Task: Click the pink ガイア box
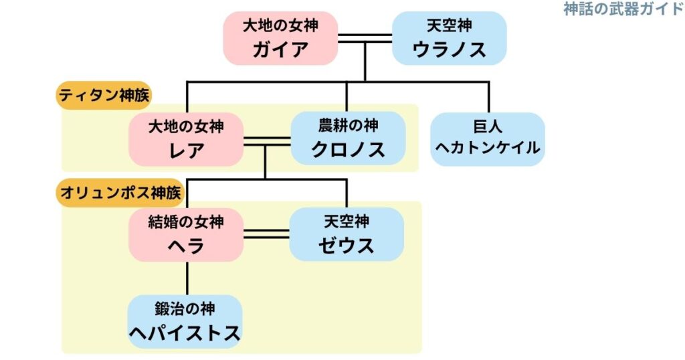tap(280, 38)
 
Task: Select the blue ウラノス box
tap(449, 38)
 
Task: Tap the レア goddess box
tap(186, 139)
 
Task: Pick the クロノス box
tap(348, 139)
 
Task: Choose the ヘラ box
tap(186, 234)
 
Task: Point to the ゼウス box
tap(347, 234)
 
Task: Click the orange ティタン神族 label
tap(104, 96)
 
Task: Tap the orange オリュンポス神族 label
tap(120, 192)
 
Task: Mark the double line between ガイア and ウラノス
tap(365, 38)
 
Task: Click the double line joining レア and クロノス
tap(266, 141)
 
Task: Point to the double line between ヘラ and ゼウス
tap(266, 234)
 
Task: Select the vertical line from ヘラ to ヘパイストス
tap(187, 278)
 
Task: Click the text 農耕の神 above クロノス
tap(348, 125)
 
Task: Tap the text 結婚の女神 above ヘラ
tap(186, 221)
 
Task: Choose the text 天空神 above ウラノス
tap(449, 26)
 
